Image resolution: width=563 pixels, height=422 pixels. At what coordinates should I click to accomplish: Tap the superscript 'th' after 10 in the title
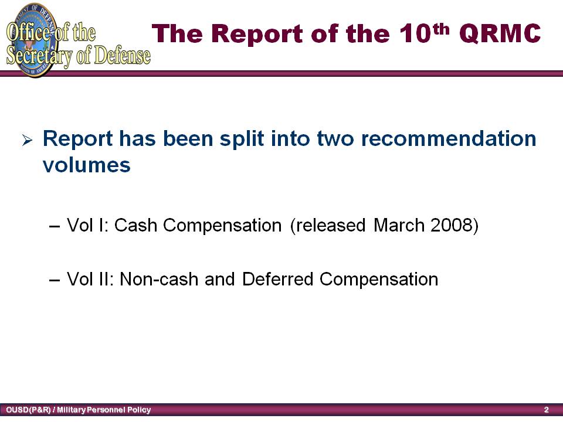442,29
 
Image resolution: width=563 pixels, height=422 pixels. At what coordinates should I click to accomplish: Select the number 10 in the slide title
415,33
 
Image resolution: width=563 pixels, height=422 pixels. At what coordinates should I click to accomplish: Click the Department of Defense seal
32,39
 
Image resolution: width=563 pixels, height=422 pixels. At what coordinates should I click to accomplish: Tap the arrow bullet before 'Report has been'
27,139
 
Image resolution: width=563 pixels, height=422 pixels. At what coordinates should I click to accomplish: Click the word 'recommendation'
449,138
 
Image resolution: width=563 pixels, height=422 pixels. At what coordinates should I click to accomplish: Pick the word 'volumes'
87,165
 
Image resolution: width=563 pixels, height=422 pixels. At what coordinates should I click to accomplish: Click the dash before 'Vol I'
54,226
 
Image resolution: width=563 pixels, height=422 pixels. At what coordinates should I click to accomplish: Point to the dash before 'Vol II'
54,280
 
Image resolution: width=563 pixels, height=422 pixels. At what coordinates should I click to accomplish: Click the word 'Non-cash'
159,279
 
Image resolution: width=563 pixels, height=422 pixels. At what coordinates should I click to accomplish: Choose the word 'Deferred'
277,279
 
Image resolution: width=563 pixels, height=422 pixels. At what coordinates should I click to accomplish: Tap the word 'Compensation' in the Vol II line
379,279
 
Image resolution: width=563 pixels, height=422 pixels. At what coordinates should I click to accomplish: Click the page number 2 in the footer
546,410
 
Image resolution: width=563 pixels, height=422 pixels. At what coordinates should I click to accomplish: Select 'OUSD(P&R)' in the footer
28,410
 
